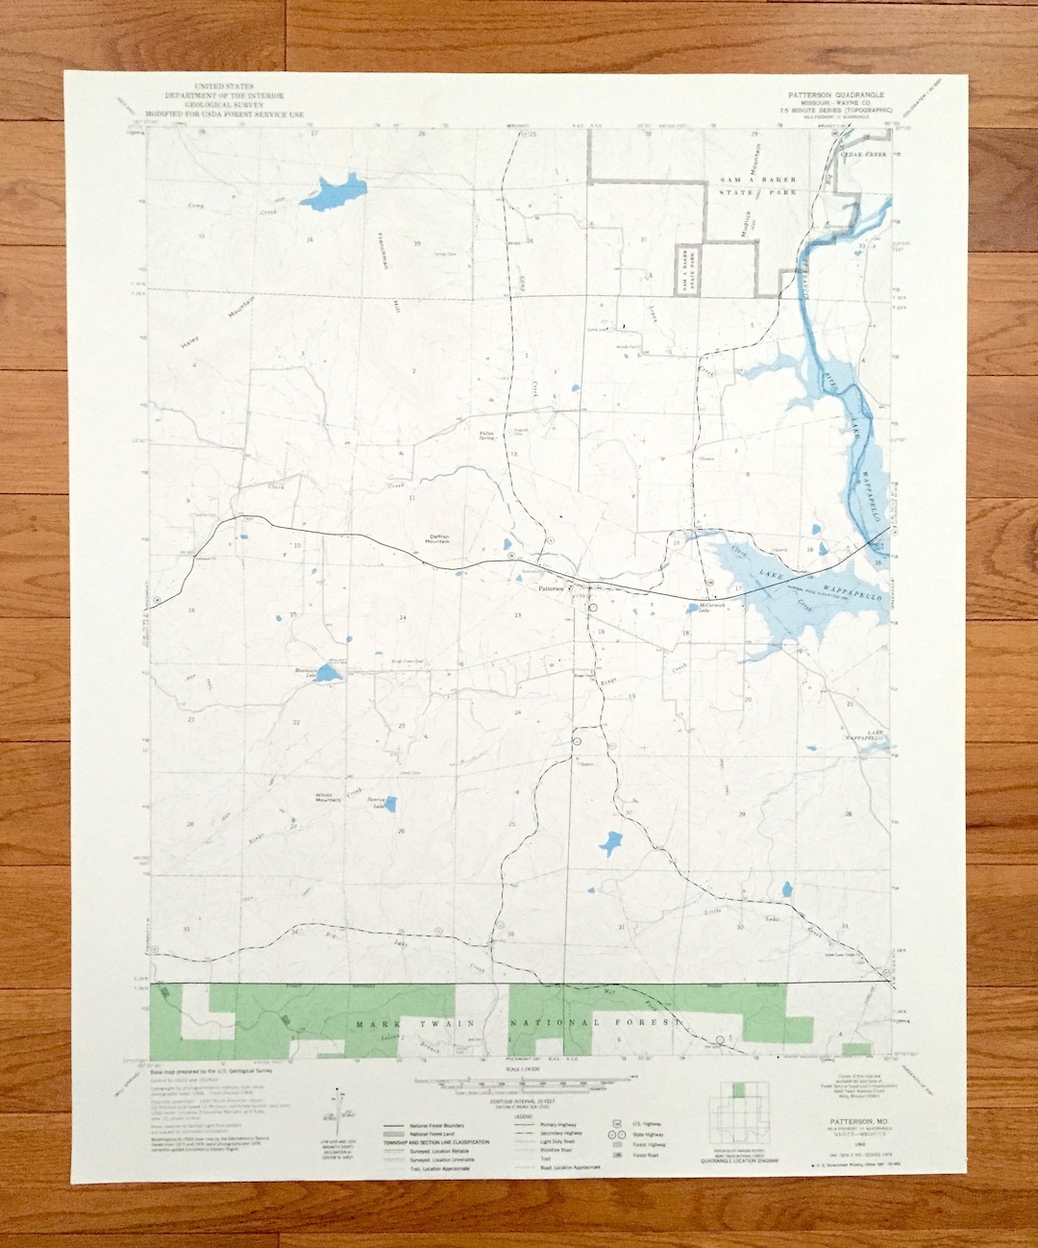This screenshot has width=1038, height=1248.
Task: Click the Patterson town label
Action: tap(554, 588)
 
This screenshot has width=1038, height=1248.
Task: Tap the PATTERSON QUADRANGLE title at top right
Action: tap(829, 95)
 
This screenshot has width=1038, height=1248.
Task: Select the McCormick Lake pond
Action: tap(693, 608)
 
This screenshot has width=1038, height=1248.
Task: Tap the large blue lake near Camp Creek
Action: tap(333, 190)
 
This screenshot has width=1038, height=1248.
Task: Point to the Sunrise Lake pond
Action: tap(389, 804)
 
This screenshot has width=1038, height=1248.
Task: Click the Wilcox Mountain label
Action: tap(328, 797)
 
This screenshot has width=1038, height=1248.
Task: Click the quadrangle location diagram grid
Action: tap(744, 1116)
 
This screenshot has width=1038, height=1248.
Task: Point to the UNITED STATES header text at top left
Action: tap(223, 87)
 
